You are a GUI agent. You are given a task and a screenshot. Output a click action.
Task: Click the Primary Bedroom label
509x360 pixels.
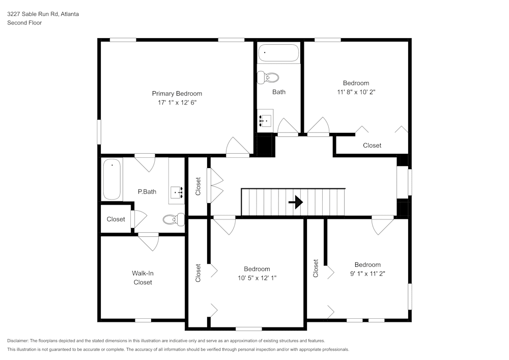[x=177, y=93]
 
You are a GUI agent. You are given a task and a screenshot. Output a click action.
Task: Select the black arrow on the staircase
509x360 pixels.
[x=295, y=202]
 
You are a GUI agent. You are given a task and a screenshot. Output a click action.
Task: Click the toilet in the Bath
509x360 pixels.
[x=268, y=78]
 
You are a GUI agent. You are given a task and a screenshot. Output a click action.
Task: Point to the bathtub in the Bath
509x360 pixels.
[x=278, y=53]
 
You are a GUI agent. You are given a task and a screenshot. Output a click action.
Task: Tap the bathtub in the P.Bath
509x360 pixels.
[x=112, y=179]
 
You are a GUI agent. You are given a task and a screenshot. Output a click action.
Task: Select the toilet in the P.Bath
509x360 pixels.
[x=174, y=219]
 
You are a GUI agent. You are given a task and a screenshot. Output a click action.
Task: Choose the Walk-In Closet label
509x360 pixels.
[x=143, y=278]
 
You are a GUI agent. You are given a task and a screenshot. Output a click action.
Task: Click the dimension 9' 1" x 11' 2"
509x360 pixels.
[x=367, y=273]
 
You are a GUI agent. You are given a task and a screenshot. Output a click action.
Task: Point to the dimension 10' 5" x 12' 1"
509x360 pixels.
[x=257, y=278]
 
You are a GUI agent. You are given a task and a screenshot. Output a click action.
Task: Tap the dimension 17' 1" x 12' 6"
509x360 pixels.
[x=177, y=102]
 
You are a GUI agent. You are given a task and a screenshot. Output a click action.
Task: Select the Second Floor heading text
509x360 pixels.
[x=24, y=23]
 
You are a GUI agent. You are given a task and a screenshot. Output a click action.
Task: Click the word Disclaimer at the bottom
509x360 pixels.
[x=18, y=341]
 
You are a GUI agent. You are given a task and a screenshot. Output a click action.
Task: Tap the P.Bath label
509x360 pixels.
[x=147, y=192]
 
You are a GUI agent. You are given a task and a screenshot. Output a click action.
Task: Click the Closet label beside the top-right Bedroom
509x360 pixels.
[x=372, y=146]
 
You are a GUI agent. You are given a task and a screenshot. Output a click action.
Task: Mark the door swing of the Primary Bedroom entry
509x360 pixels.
[x=237, y=146]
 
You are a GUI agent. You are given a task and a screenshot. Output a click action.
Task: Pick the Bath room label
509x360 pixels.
[x=279, y=92]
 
